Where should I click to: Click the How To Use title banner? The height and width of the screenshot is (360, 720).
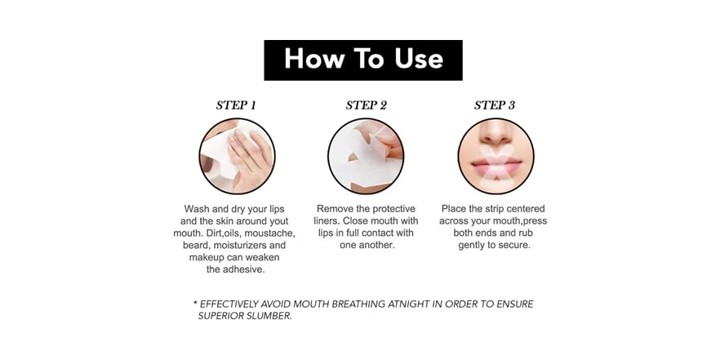(362, 60)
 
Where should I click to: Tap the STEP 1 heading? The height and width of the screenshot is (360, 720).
(236, 105)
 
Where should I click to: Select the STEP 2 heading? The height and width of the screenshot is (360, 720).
(366, 105)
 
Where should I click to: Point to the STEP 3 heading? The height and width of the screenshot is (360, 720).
(495, 105)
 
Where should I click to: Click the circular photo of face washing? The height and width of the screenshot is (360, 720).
(237, 156)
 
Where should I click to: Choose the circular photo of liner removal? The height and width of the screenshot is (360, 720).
(366, 156)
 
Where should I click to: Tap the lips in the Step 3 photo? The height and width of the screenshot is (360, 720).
(496, 165)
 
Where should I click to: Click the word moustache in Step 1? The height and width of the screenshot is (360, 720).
(271, 233)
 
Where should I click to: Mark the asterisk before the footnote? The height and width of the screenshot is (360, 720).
(195, 303)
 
